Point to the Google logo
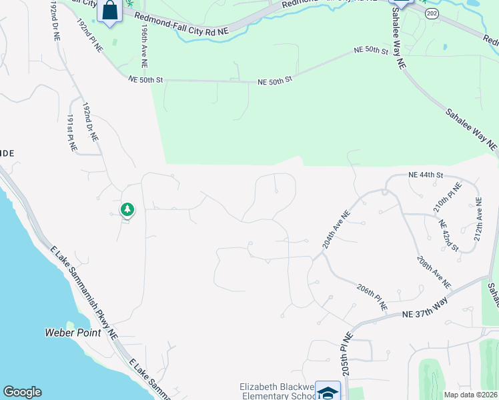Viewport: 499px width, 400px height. pyautogui.click(x=22, y=392)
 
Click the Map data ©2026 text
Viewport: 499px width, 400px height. pyautogui.click(x=470, y=395)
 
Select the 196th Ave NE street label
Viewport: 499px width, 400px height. pyautogui.click(x=143, y=48)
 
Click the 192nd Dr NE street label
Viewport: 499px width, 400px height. pyautogui.click(x=90, y=121)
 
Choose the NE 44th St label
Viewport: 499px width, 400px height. pyautogui.click(x=427, y=175)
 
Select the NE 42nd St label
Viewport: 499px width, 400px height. pyautogui.click(x=448, y=235)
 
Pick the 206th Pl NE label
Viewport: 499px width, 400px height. pyautogui.click(x=372, y=297)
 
